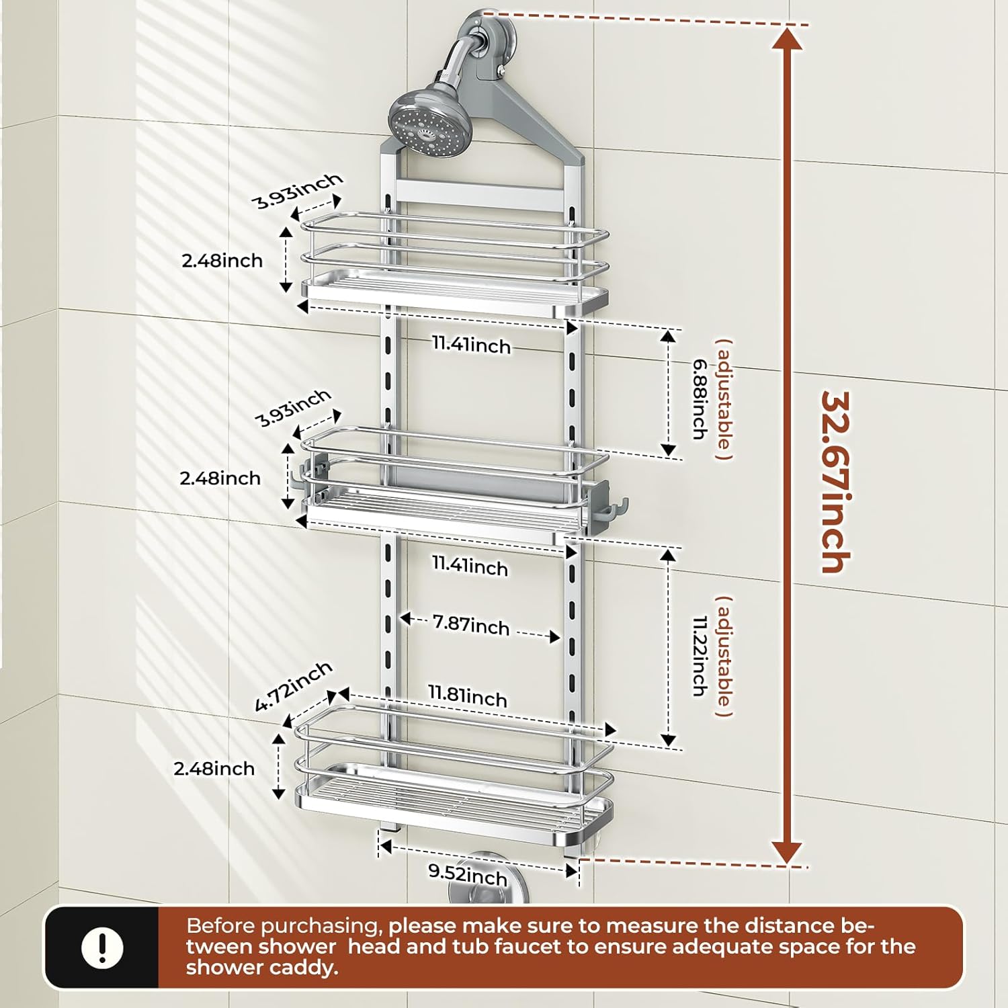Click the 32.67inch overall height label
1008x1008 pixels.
[836, 482]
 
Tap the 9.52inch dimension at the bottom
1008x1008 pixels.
[468, 874]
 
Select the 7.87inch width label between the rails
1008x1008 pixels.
[471, 624]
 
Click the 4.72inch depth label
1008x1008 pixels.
[293, 686]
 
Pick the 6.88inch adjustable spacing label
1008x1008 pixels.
[700, 399]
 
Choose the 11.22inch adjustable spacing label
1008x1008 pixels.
[700, 656]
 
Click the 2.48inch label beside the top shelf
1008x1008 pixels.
[222, 261]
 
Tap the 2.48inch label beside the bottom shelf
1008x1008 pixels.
[214, 769]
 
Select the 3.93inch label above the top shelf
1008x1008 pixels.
[297, 191]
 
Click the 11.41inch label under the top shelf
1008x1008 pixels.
[471, 345]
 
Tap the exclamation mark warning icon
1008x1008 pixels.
[102, 948]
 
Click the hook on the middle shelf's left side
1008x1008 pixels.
[300, 478]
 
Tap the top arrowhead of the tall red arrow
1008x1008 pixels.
[787, 39]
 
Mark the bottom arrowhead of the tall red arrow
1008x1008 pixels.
[787, 852]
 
